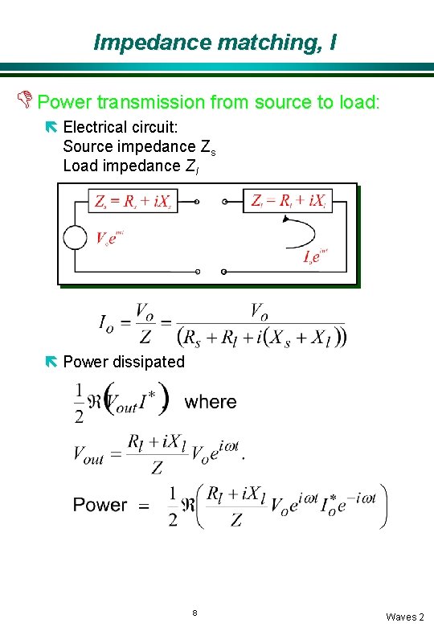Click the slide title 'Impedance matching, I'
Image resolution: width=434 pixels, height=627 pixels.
pos(215,42)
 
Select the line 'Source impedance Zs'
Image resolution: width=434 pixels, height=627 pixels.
pos(139,146)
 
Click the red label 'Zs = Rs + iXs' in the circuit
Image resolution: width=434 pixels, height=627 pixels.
pos(132,201)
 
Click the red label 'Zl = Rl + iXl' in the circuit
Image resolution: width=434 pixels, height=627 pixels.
pos(288,201)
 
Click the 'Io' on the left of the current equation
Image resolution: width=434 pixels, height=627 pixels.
pos(107,323)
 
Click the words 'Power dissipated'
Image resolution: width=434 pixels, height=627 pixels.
pos(124,362)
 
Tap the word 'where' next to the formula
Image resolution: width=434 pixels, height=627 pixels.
pos(211,402)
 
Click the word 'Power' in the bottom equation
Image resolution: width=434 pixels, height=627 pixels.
pos(100,505)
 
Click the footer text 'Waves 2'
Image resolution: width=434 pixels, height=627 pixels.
pos(404,617)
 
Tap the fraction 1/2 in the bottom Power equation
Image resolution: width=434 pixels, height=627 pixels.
pos(173,506)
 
